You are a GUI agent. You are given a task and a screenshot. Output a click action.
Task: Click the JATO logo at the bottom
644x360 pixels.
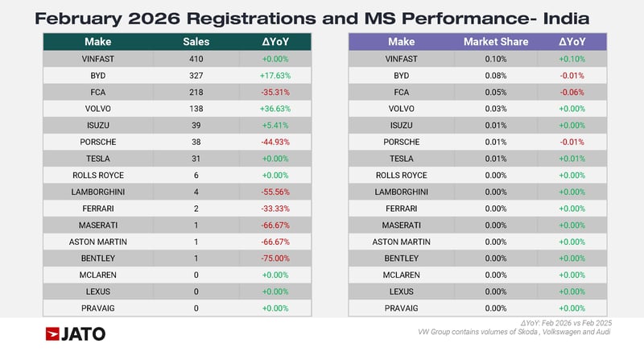click(75, 333)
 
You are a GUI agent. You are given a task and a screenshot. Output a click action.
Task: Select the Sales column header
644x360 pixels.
click(196, 42)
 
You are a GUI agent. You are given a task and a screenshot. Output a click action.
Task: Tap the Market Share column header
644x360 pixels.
click(497, 42)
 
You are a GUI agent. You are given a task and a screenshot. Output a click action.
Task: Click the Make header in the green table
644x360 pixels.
click(98, 42)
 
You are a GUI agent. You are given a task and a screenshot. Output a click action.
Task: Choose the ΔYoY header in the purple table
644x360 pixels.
click(572, 42)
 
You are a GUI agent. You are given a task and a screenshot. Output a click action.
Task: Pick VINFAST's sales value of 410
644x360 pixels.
click(196, 59)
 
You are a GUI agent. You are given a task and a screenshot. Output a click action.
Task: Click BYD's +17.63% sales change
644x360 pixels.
click(275, 76)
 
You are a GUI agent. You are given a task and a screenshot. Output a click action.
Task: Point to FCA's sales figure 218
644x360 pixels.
click(196, 92)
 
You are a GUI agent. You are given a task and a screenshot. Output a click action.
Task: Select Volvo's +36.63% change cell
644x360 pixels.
click(275, 109)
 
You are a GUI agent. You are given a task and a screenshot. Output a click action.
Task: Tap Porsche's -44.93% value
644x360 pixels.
click(275, 142)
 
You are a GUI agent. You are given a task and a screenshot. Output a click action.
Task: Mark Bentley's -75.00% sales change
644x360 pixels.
click(275, 258)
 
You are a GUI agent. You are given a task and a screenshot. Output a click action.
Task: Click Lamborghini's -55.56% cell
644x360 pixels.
click(275, 192)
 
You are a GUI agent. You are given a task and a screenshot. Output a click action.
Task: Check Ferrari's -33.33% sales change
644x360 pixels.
click(275, 208)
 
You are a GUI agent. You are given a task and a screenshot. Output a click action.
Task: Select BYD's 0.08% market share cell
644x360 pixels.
click(497, 76)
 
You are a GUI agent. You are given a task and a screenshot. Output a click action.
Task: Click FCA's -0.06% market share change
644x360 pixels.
click(572, 92)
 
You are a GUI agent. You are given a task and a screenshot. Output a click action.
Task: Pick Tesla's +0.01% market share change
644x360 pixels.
click(572, 159)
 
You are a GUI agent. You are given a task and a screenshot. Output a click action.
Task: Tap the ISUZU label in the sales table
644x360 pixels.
click(98, 126)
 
